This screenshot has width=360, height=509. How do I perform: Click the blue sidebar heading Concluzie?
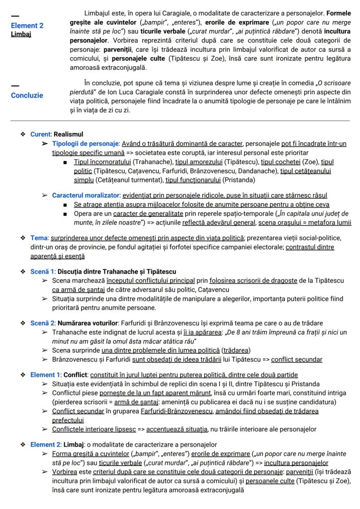pyautogui.click(x=27, y=96)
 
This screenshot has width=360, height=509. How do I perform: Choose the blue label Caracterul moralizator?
pyautogui.click(x=86, y=195)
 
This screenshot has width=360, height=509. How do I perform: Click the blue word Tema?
pyautogui.click(x=39, y=238)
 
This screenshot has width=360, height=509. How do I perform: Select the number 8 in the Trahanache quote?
pyautogui.click(x=264, y=333)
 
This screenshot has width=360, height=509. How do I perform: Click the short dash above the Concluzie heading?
pyautogui.click(x=15, y=85)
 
